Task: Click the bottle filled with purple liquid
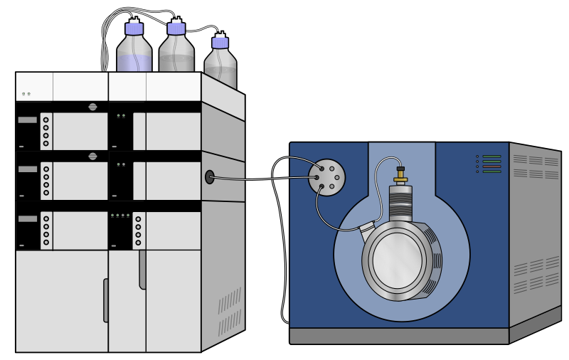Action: tap(134, 54)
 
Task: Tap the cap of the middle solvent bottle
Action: tap(176, 28)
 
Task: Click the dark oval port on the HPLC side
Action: tap(210, 176)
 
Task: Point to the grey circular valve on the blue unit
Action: tap(327, 176)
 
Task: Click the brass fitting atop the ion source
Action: tap(401, 174)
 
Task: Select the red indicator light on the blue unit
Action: tap(491, 166)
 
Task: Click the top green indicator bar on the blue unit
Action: tap(491, 157)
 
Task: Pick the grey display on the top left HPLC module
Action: tap(27, 120)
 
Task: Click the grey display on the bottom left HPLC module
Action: tap(27, 218)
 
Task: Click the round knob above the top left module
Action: tap(92, 107)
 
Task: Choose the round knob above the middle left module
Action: tap(92, 156)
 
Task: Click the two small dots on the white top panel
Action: tap(26, 94)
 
